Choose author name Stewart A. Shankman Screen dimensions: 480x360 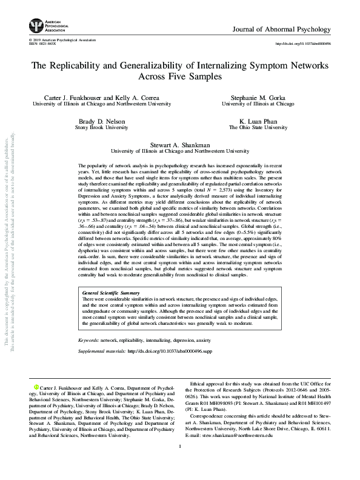[179, 145]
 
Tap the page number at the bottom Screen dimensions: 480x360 [180, 464]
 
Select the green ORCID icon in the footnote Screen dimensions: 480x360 [36, 386]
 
